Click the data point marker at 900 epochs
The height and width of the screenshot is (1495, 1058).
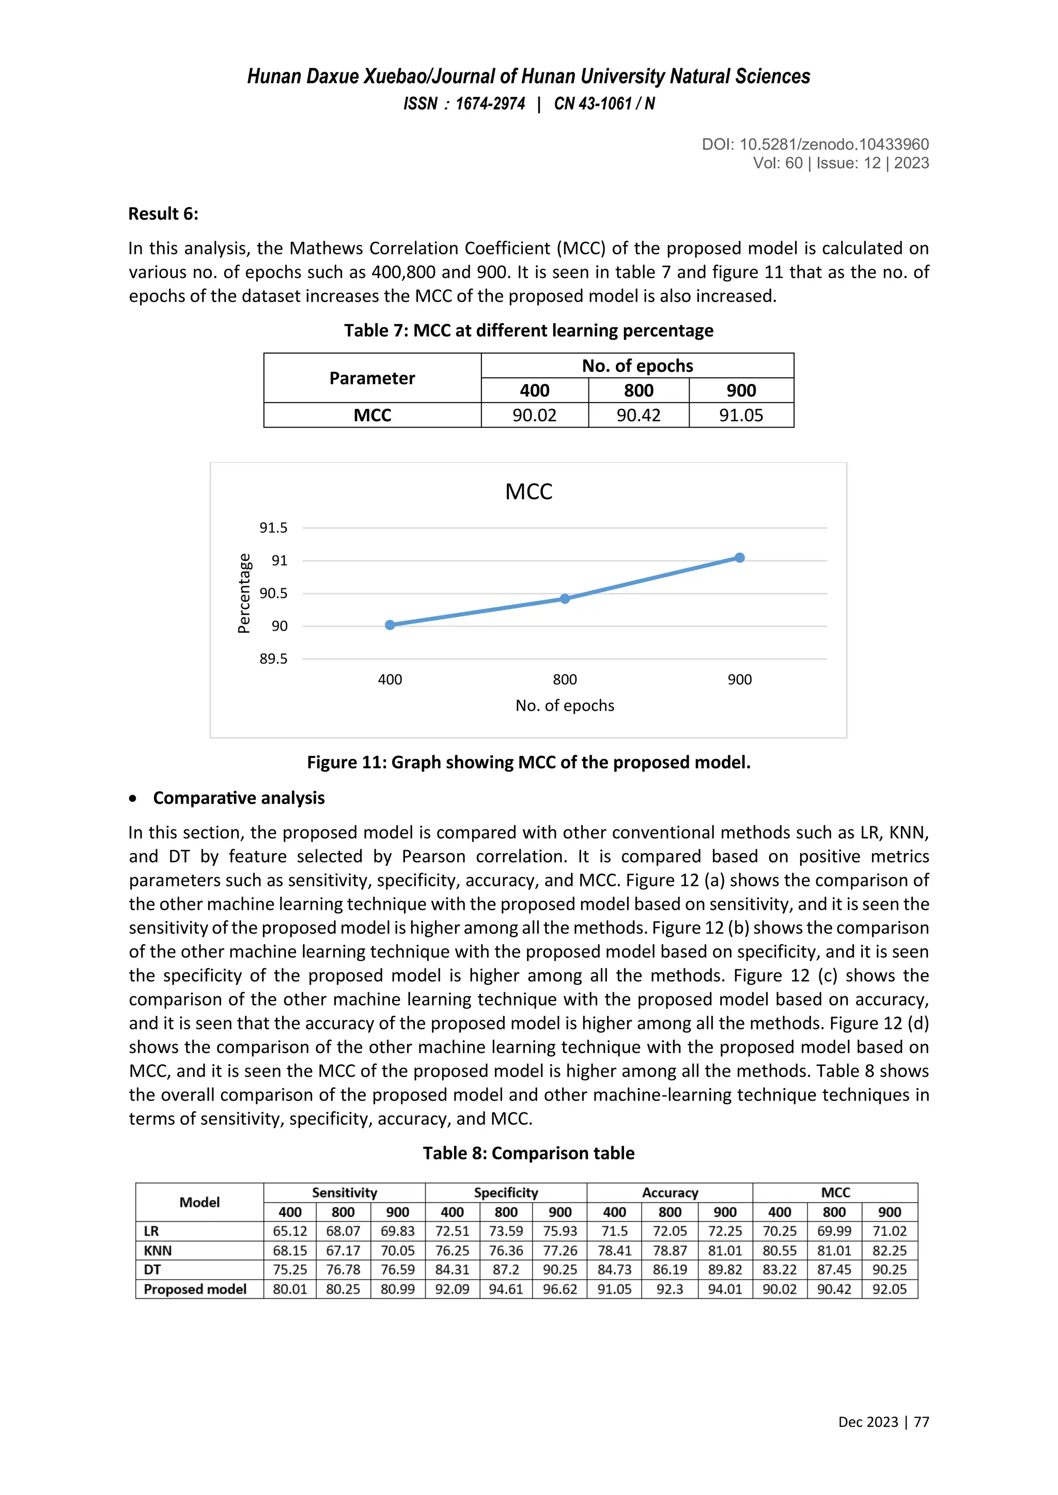(x=739, y=558)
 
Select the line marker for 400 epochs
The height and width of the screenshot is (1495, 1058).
(x=390, y=625)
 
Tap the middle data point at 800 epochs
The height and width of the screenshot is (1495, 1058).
(x=565, y=599)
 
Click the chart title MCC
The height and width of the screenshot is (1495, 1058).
(x=528, y=491)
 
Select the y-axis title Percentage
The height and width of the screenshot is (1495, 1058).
(x=244, y=593)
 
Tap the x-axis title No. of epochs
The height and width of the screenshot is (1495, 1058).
(x=565, y=706)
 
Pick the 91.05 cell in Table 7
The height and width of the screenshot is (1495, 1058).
(x=741, y=416)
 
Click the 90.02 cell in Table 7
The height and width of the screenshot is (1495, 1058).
(x=534, y=416)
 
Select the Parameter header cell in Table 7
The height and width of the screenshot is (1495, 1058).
(x=372, y=378)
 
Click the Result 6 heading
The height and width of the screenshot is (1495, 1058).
(x=163, y=214)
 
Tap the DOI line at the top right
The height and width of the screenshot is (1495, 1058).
(x=815, y=145)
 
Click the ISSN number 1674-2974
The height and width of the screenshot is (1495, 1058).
(x=490, y=104)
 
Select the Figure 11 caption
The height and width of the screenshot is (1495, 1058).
(x=528, y=762)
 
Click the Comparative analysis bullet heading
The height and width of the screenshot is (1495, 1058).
(x=239, y=798)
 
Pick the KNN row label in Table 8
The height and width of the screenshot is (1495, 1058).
(x=158, y=1251)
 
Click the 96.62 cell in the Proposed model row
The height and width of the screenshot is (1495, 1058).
(x=559, y=1289)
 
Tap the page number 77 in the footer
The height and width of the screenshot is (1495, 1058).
(x=921, y=1422)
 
